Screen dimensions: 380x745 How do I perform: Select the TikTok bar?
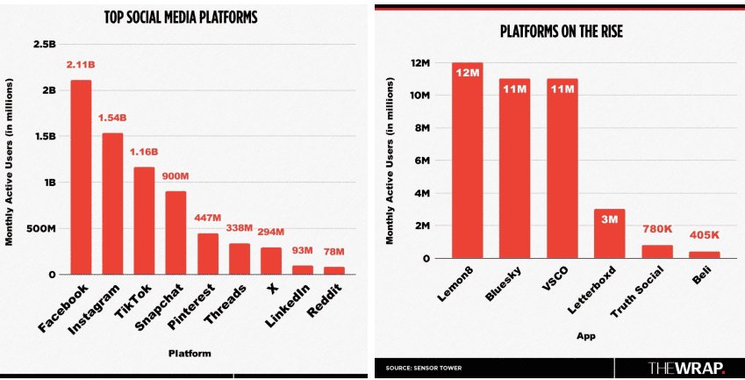click(144, 220)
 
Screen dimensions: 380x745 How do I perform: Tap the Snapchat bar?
click(176, 233)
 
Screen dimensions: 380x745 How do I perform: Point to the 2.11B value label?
click(81, 66)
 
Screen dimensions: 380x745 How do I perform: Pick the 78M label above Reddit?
click(334, 253)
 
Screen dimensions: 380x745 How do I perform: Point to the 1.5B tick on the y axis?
click(44, 136)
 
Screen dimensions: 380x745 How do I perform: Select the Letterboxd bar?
click(610, 234)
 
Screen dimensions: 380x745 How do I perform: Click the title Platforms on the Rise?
click(560, 32)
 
